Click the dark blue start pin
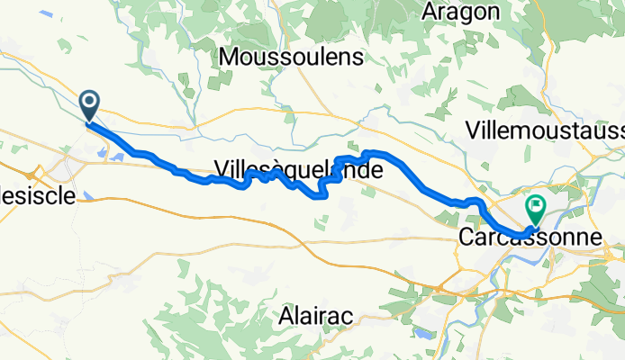[90, 106]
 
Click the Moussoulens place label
[291, 57]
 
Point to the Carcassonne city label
[529, 238]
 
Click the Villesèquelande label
[297, 167]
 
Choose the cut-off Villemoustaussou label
[546, 130]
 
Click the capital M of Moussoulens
[229, 57]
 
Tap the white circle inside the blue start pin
[90, 102]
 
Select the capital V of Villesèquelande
[222, 167]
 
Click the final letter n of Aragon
[492, 12]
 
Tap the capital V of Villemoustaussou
[474, 130]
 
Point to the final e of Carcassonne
[592, 238]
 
